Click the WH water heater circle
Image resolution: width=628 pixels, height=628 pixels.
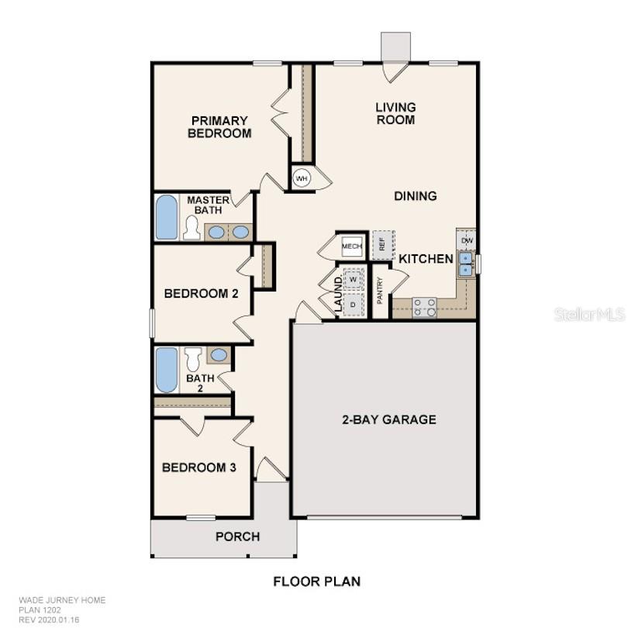301,178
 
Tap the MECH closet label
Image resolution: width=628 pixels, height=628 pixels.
352,247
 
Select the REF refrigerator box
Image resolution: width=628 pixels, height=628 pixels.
382,243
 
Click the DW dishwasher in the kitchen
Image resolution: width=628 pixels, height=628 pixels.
467,241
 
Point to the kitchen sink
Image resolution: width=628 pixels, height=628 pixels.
466,264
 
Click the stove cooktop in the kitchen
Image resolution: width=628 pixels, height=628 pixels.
424,308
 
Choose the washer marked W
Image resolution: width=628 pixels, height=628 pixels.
354,278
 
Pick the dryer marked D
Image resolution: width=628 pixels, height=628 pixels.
354,303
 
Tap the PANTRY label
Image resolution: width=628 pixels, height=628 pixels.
380,291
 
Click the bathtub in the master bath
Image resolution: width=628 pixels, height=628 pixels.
167,217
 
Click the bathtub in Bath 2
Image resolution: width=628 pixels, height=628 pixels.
167,370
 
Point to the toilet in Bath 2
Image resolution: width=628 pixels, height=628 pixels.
193,358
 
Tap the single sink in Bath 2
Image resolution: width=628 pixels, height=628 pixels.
219,355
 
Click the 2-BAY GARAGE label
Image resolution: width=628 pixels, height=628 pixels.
389,419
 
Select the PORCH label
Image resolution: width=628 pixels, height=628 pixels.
237,537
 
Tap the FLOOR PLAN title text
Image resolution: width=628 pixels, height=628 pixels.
316,581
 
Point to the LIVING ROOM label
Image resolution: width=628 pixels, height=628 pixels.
395,113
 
